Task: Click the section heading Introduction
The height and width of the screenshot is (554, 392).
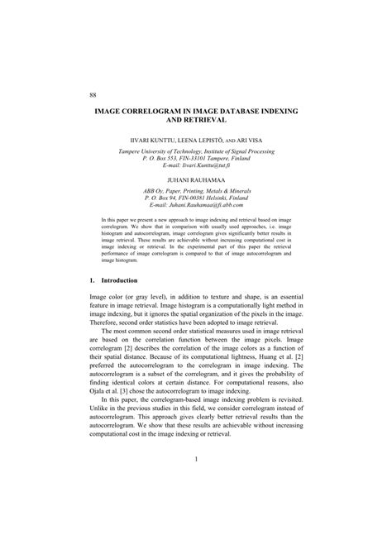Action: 126,281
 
